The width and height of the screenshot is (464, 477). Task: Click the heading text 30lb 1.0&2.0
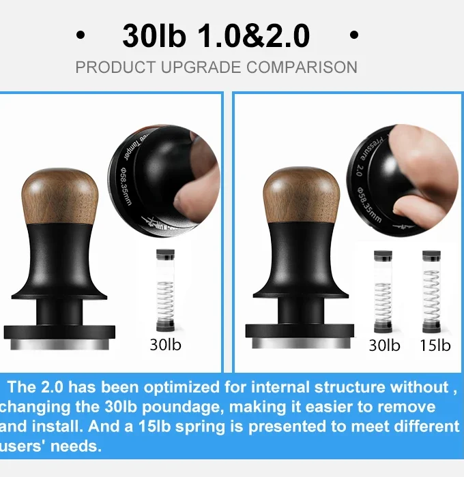[x=216, y=36]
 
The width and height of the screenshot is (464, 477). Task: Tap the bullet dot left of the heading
[x=81, y=36]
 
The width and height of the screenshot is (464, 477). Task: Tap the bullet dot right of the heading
[x=353, y=36]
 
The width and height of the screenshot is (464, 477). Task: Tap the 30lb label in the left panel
[x=166, y=344]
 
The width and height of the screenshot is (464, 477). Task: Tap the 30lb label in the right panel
[x=384, y=345]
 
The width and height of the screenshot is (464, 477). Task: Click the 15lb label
[x=435, y=345]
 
